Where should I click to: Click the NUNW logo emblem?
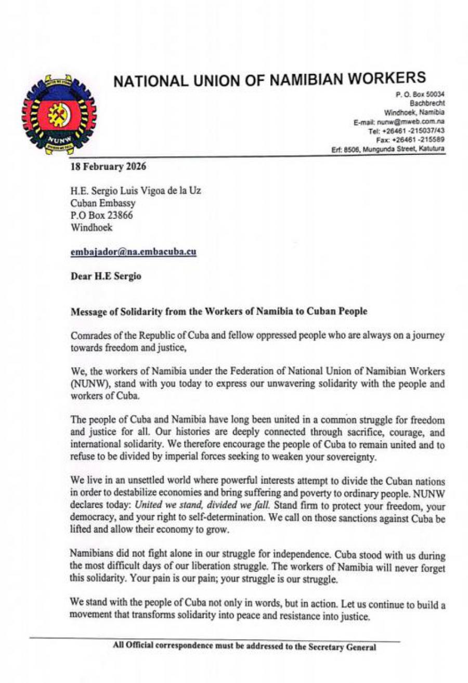(x=61, y=115)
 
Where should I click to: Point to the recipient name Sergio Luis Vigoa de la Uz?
(x=144, y=191)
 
